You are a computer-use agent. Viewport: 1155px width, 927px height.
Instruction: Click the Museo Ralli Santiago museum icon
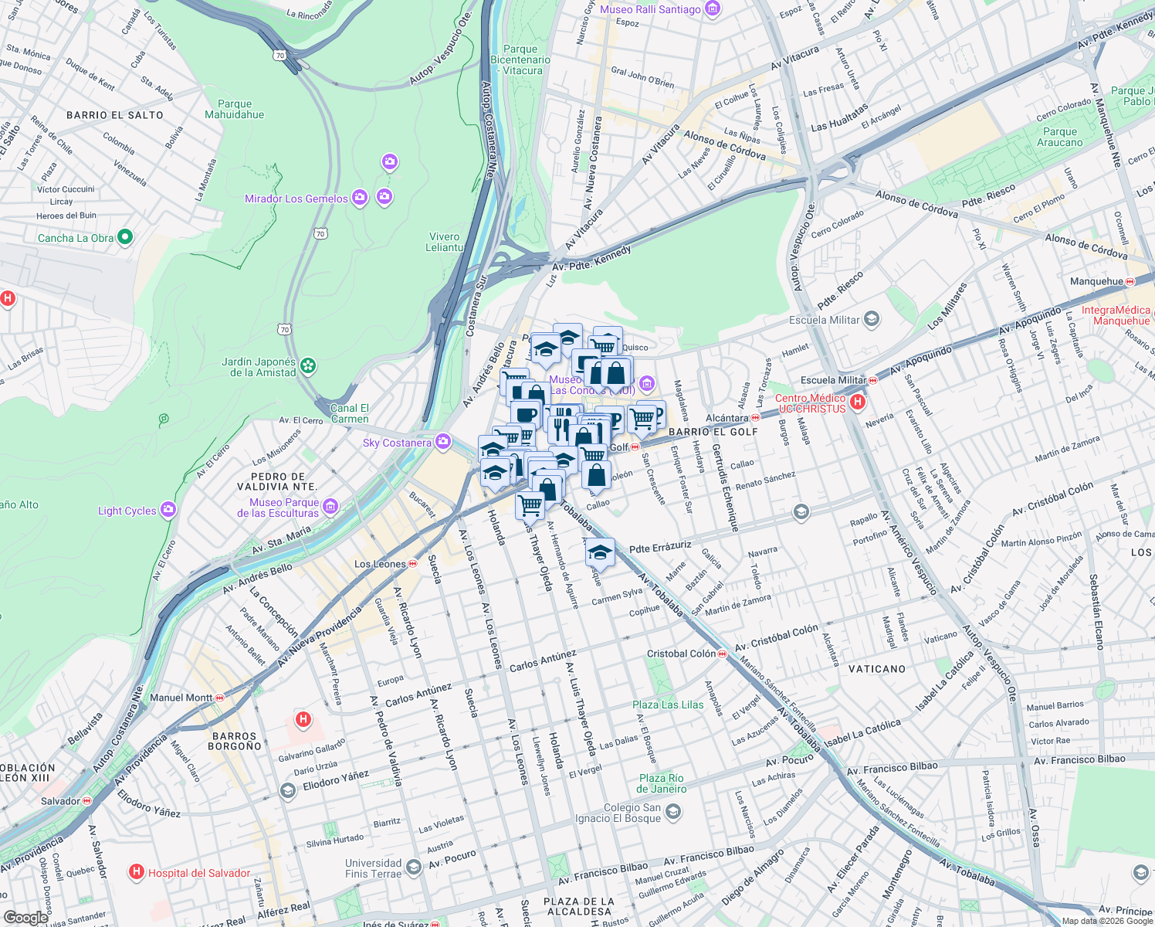[713, 9]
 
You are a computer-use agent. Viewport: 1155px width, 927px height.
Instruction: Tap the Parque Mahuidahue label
[235, 109]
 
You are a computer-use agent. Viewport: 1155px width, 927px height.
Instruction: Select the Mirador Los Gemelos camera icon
[359, 199]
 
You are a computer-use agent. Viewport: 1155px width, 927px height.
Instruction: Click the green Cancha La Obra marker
[126, 238]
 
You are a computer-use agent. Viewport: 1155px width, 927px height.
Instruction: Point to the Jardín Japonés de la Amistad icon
[308, 365]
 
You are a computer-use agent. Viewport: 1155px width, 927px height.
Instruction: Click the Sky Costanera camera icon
[442, 442]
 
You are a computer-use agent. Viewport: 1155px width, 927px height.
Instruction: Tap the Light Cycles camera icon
[168, 510]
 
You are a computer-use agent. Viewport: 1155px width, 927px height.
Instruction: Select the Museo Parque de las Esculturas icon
[330, 507]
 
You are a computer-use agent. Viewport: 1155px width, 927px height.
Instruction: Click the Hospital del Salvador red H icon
[137, 872]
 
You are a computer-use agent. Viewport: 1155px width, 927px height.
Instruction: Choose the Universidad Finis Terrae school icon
[414, 868]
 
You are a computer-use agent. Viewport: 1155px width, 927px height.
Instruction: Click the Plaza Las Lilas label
[668, 705]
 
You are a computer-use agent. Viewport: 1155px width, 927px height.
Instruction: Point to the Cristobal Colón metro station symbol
[723, 654]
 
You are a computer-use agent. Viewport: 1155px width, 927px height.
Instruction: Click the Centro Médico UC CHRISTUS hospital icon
[857, 402]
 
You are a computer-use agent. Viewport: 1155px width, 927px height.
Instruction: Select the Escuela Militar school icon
[872, 319]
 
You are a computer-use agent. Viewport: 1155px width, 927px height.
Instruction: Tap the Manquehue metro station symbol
[1130, 282]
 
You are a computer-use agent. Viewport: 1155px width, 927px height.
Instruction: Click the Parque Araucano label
[1059, 137]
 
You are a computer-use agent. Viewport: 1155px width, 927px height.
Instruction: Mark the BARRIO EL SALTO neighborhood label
[115, 115]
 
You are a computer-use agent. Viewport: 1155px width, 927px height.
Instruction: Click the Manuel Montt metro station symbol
[220, 698]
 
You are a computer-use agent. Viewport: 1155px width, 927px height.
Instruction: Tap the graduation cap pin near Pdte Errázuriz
[600, 553]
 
